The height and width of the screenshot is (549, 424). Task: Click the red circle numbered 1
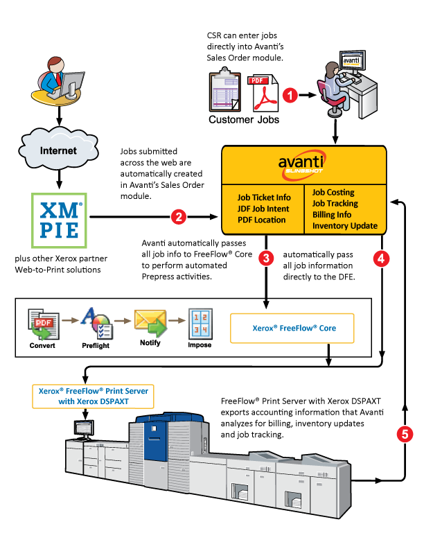click(x=289, y=95)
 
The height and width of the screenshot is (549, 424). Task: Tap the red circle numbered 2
click(x=179, y=217)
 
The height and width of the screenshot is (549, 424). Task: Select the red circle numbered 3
click(x=266, y=259)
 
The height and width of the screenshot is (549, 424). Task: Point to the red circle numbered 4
click(x=380, y=259)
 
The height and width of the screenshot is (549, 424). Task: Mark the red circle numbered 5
click(x=405, y=434)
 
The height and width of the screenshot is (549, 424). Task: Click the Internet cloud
click(x=58, y=150)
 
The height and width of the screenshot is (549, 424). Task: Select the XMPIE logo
click(x=59, y=220)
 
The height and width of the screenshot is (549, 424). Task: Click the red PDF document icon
click(x=263, y=94)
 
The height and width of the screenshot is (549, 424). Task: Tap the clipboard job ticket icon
click(x=226, y=91)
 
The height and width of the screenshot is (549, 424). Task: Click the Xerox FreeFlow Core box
click(x=292, y=328)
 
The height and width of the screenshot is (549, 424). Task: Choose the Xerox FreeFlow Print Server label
click(x=92, y=396)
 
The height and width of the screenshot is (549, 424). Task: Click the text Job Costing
click(x=333, y=192)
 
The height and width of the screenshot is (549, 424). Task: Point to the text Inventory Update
click(x=344, y=225)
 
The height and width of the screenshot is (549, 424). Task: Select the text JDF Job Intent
click(x=263, y=209)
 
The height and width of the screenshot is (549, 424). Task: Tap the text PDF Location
click(x=261, y=220)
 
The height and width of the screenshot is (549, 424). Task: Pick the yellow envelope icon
click(x=150, y=323)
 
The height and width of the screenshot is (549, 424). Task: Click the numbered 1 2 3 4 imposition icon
click(x=200, y=323)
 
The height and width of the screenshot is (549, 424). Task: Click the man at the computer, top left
click(x=59, y=81)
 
